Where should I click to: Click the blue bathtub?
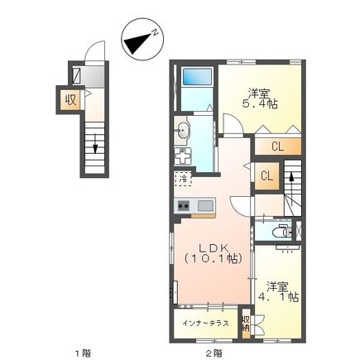click(198, 78)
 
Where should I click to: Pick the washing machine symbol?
click(184, 156)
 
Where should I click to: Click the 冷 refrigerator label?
click(181, 179)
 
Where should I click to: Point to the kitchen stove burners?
click(183, 206)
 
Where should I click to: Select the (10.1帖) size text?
click(210, 259)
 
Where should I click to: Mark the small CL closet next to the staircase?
click(267, 175)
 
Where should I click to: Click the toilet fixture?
click(284, 231)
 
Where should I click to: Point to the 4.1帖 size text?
click(278, 295)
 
